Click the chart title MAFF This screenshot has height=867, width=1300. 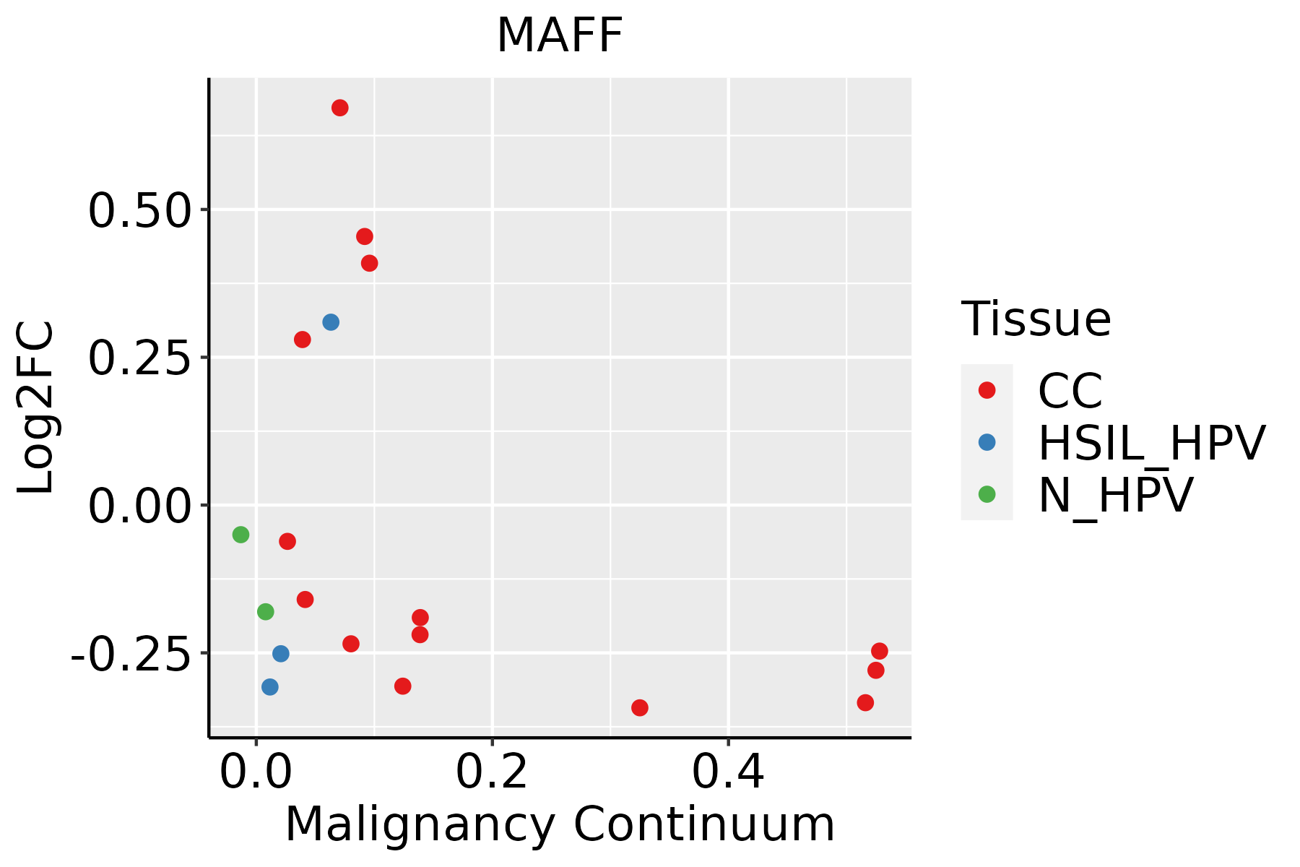click(560, 36)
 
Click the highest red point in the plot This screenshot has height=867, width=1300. click(340, 108)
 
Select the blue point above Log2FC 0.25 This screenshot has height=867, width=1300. click(331, 322)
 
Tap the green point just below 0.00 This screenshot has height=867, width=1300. click(241, 535)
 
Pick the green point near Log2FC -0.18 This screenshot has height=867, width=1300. click(266, 612)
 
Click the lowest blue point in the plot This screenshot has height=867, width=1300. click(270, 687)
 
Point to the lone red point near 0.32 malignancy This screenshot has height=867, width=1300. click(640, 707)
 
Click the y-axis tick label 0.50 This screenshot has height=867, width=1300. click(139, 211)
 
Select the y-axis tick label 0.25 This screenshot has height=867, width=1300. click(139, 358)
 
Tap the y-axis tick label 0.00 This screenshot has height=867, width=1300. click(139, 506)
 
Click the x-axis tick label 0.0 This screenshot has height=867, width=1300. click(256, 772)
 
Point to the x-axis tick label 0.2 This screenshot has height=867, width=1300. click(492, 772)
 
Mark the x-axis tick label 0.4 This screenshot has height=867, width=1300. click(728, 772)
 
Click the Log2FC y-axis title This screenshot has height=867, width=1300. click(36, 408)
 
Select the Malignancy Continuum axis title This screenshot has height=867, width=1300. click(560, 825)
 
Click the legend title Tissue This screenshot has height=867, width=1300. click(1036, 319)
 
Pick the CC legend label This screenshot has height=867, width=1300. click(1070, 391)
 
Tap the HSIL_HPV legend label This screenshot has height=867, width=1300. click(1151, 443)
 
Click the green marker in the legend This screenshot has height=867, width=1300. click(987, 495)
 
